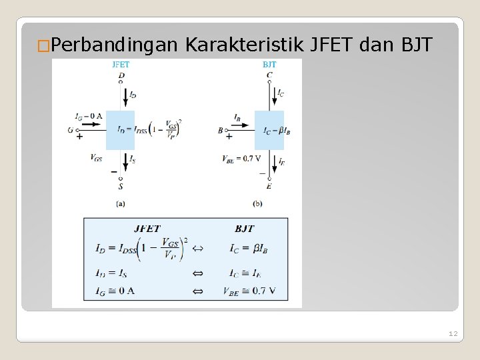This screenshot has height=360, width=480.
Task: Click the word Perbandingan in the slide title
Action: tap(113, 45)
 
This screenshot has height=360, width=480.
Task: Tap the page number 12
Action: tap(453, 333)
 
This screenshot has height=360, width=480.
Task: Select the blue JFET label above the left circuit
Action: tap(121, 65)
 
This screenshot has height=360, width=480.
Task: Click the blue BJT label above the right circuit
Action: tap(269, 65)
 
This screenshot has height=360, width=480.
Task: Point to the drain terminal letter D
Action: tap(121, 75)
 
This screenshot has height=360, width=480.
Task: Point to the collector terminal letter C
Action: tap(269, 75)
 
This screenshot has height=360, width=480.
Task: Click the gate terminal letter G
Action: tap(70, 130)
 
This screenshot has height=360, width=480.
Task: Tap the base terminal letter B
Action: tap(220, 131)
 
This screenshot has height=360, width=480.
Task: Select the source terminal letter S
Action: tap(121, 186)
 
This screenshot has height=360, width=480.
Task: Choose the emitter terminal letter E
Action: tap(269, 186)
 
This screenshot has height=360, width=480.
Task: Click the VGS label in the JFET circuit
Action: tap(96, 158)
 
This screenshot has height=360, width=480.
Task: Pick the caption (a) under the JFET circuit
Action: tap(121, 203)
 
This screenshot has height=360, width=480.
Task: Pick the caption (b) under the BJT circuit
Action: tap(258, 203)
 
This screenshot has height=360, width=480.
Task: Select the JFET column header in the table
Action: tap(147, 229)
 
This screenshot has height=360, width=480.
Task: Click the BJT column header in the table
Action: tap(245, 229)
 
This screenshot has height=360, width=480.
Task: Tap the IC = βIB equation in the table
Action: tap(248, 249)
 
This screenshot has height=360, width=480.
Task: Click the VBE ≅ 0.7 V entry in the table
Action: tap(249, 291)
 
